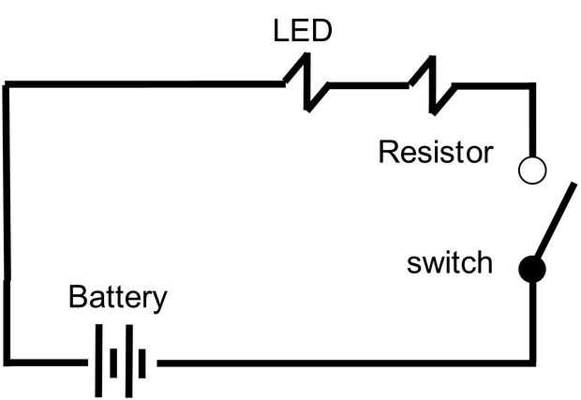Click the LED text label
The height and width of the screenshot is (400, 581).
302,32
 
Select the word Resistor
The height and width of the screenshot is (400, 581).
435,152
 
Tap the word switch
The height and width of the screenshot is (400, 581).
449,262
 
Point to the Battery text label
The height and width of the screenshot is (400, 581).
118,298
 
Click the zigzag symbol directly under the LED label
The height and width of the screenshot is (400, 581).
306,84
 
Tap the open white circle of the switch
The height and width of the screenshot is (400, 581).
532,170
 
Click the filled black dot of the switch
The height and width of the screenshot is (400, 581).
532,270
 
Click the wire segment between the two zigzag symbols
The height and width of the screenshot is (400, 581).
369,85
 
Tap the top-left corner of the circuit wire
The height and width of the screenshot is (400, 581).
7,85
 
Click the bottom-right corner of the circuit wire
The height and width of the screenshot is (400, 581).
533,362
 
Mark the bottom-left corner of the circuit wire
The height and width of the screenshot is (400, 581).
7,361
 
